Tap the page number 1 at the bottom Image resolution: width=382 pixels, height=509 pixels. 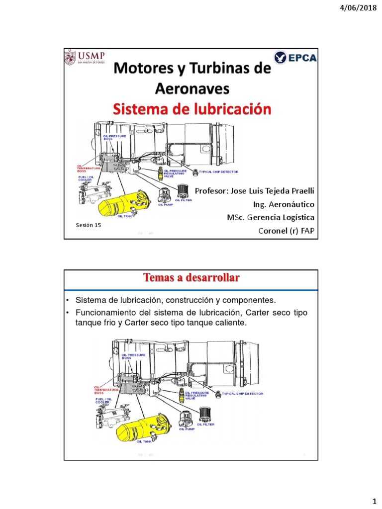[373, 498]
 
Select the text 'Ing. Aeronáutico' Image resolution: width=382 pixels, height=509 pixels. [284, 204]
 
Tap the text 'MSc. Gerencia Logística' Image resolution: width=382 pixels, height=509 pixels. [270, 218]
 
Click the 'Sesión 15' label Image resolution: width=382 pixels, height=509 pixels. [88, 225]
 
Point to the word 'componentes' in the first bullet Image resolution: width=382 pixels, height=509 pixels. [248, 301]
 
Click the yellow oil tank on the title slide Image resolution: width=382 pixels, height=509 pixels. [124, 203]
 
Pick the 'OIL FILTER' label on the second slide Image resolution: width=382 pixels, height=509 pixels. [206, 424]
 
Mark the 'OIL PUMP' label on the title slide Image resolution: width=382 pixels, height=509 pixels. [164, 204]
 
